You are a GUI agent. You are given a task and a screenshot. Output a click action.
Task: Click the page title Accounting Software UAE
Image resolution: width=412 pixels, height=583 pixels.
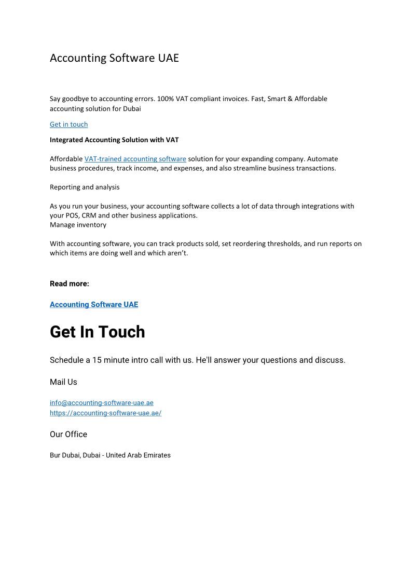click(114, 58)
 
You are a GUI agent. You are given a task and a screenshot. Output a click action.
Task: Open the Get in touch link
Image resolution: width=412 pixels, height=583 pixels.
click(68, 125)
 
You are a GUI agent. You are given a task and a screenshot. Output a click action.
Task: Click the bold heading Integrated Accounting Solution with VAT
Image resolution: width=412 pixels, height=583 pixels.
click(114, 140)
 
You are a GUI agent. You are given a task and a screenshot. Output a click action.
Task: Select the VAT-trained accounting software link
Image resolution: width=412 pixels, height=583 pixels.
click(135, 159)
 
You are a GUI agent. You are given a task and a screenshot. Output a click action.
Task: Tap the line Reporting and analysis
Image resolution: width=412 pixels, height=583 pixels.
click(85, 187)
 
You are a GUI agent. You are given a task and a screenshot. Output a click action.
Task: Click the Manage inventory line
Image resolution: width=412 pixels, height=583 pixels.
click(78, 225)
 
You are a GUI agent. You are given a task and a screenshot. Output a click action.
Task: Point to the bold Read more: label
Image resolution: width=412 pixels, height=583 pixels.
click(70, 283)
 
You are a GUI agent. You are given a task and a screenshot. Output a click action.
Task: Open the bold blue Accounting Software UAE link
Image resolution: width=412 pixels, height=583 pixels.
click(94, 305)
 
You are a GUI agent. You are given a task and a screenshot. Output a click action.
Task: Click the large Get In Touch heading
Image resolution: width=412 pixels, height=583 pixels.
click(97, 332)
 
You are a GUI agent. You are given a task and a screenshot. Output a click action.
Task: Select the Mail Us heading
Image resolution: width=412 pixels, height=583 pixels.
click(63, 382)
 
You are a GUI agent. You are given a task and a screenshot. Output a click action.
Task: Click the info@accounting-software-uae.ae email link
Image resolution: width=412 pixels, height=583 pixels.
click(102, 403)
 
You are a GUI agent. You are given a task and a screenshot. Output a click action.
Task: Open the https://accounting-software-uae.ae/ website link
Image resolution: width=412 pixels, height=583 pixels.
click(105, 413)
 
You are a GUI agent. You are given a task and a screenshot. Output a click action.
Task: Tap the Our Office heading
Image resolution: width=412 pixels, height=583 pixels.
click(68, 435)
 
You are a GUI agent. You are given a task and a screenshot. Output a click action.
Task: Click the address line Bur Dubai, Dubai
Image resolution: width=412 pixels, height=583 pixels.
click(110, 455)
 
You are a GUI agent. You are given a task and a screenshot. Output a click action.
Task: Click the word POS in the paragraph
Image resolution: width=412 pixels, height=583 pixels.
click(72, 215)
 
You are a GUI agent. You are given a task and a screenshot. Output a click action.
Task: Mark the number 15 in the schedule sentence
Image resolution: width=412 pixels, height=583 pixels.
click(97, 360)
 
